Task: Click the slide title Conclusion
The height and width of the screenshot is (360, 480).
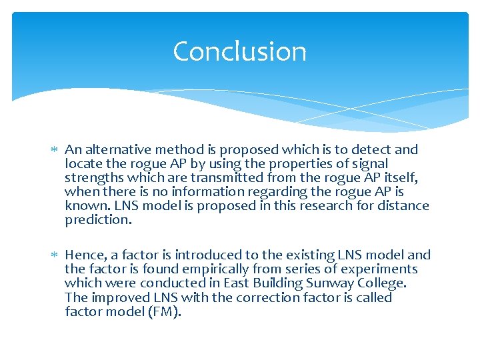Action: click(x=239, y=52)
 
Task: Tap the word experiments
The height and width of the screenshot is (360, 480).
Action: click(x=380, y=269)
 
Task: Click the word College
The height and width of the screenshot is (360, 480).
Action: click(x=382, y=283)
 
